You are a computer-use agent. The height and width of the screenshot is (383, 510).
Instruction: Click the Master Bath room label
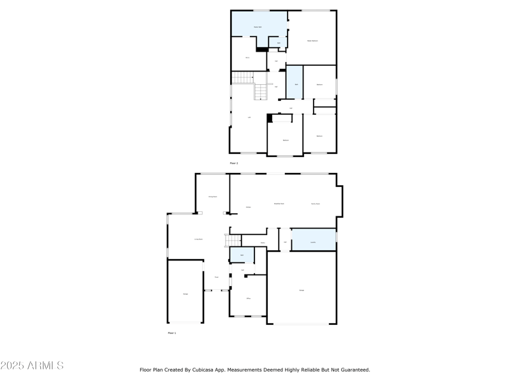click(x=258, y=27)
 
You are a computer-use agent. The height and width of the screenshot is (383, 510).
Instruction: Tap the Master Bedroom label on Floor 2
click(x=312, y=41)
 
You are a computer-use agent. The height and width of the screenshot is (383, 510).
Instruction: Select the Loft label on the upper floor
click(x=249, y=117)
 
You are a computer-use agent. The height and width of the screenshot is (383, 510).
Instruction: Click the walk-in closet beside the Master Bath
click(x=247, y=57)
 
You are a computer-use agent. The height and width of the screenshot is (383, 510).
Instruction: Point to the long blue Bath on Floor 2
click(x=294, y=82)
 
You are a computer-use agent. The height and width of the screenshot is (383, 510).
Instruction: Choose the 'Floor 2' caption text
click(x=233, y=163)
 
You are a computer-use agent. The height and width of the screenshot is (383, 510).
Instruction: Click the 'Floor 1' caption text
click(x=172, y=333)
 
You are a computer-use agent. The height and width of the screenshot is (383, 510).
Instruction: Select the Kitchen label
click(x=249, y=207)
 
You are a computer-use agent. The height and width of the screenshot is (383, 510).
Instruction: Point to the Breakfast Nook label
click(x=279, y=204)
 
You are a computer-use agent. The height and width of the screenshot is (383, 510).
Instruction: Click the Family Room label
click(x=315, y=204)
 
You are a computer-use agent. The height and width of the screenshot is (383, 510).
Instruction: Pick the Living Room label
click(x=198, y=239)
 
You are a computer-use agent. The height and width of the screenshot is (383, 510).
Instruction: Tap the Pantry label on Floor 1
click(x=263, y=243)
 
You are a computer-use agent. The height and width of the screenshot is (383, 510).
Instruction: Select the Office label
click(x=248, y=298)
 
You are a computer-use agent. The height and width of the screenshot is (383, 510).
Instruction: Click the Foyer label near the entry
click(x=216, y=277)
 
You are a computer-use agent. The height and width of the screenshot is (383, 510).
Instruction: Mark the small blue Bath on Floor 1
click(x=242, y=255)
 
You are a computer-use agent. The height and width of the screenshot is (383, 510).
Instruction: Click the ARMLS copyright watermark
click(x=32, y=366)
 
